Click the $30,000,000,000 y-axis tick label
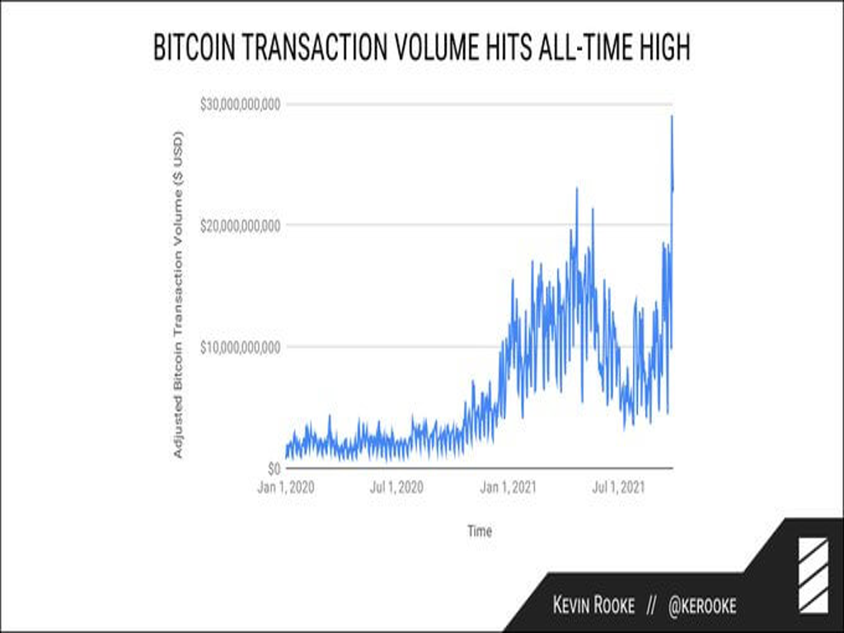click(x=240, y=105)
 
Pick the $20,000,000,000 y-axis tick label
click(x=240, y=225)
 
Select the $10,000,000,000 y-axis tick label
click(x=240, y=347)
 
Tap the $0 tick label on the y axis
click(x=274, y=467)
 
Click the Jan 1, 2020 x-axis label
click(x=285, y=488)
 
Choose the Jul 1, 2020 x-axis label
click(x=396, y=488)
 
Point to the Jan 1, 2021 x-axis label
click(x=508, y=488)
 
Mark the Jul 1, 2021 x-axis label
click(x=618, y=488)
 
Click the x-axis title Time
click(x=480, y=532)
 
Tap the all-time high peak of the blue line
click(x=672, y=116)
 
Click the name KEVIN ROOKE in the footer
click(x=593, y=607)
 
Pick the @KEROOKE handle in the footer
click(x=702, y=607)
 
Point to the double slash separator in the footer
click(x=651, y=607)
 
